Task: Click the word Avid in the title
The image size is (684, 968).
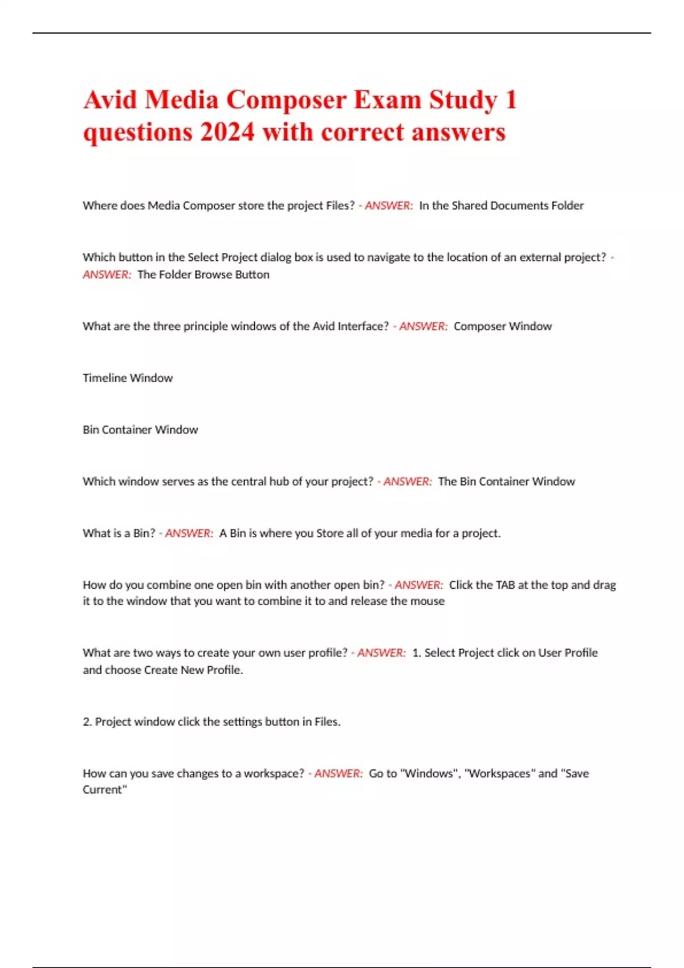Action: click(110, 100)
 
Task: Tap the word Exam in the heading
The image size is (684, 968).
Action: click(388, 100)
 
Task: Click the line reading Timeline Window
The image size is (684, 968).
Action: click(128, 378)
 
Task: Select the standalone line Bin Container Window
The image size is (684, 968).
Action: click(140, 430)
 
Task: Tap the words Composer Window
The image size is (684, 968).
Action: click(503, 326)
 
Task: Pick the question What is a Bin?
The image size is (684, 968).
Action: click(119, 534)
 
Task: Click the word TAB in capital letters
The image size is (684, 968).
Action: click(505, 585)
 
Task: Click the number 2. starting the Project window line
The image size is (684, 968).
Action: click(87, 722)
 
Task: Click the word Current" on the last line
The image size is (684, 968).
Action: click(104, 790)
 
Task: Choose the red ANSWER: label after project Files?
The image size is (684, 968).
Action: click(388, 206)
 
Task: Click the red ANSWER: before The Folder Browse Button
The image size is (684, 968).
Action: click(107, 274)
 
